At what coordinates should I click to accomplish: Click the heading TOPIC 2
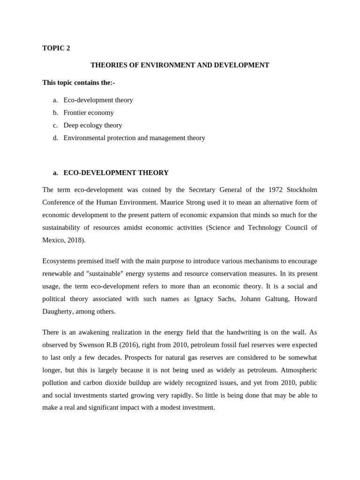click(56, 48)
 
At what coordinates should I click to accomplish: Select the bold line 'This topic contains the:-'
click(78, 82)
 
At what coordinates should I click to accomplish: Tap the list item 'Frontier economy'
click(89, 112)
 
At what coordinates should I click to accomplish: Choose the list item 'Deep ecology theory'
click(93, 125)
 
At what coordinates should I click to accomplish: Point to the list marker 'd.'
click(55, 138)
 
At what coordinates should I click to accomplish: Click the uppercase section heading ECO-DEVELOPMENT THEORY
click(116, 172)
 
